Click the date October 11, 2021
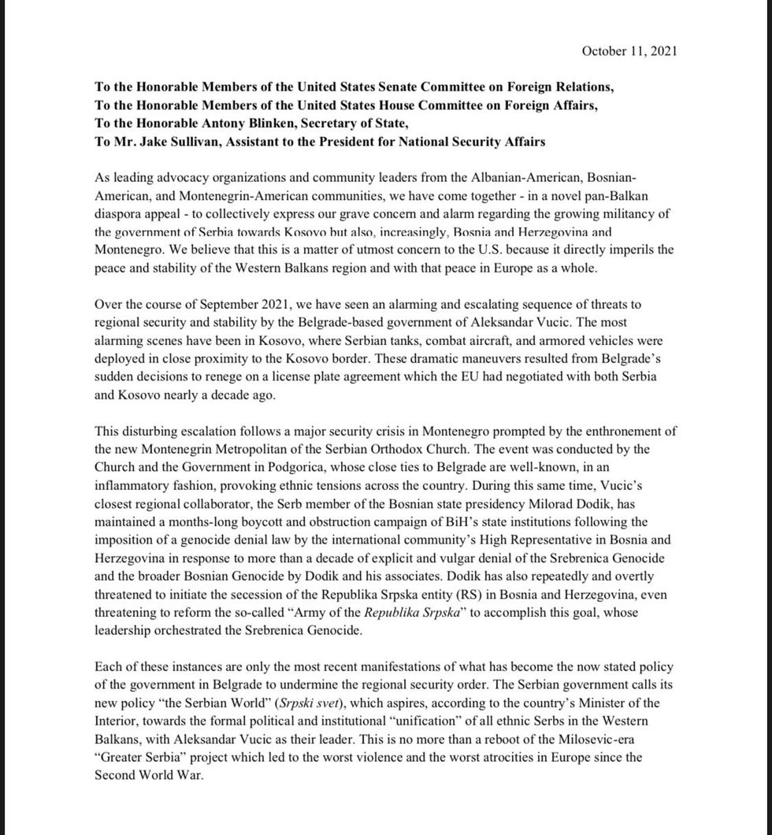pos(629,51)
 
